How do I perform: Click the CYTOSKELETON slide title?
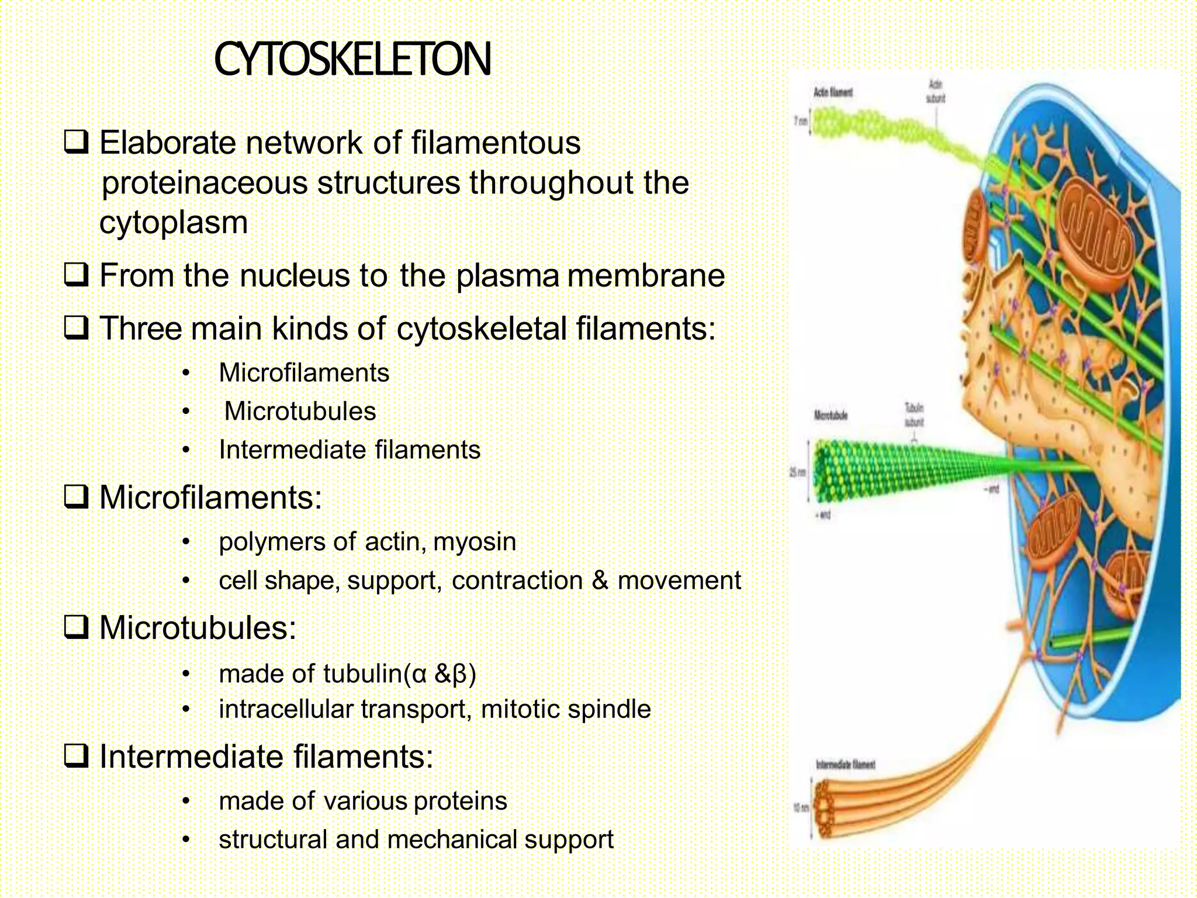(352, 60)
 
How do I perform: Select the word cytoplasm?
(174, 223)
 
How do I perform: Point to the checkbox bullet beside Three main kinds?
(76, 327)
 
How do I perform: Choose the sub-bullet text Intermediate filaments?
(350, 450)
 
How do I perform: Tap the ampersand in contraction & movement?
(600, 581)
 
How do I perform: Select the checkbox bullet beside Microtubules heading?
(76, 628)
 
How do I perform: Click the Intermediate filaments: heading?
(266, 757)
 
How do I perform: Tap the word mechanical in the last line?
(452, 840)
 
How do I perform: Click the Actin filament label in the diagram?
(833, 92)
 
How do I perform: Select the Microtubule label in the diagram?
(831, 416)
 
